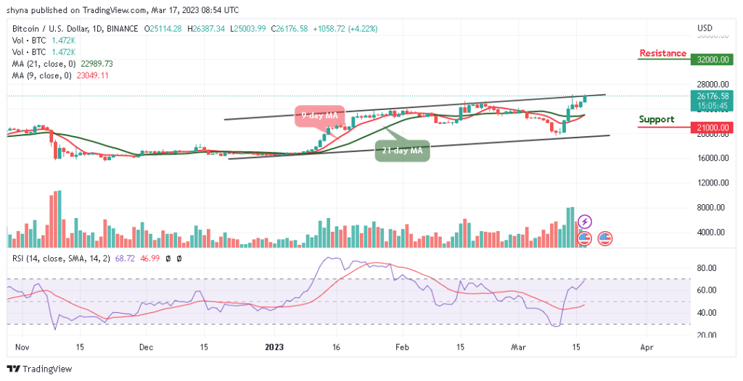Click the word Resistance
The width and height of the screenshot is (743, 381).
point(662,54)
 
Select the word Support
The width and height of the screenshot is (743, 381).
point(656,120)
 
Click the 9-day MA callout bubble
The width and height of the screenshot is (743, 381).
point(316,116)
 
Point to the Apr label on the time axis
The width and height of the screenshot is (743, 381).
point(646,348)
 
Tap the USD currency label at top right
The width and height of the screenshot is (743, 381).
point(705,28)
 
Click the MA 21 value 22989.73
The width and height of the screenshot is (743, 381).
point(94,64)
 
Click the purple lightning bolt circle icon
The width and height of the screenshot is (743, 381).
point(585,222)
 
